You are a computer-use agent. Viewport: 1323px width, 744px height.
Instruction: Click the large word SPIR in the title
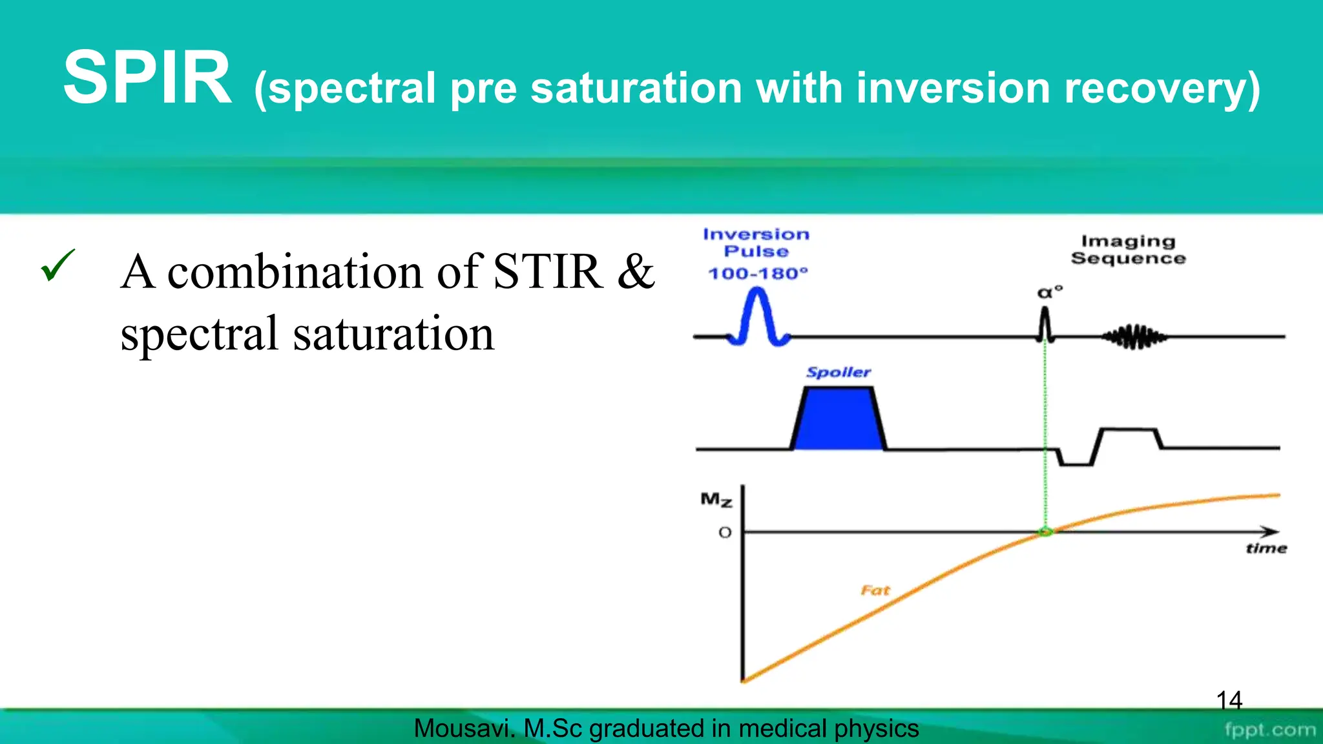[x=147, y=79]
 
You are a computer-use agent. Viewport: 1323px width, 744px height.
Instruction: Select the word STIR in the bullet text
[x=548, y=272]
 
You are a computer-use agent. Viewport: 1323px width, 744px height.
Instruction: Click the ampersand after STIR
[x=636, y=272]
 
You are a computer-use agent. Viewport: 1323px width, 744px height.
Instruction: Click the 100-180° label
[x=758, y=274]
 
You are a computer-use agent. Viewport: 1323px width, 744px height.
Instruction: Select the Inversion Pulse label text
[x=756, y=243]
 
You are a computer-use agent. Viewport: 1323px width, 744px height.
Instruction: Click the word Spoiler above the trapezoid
[x=839, y=372]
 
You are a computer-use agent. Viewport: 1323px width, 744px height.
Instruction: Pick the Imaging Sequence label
[x=1128, y=250]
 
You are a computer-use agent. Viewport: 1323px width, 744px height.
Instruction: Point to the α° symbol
[x=1049, y=293]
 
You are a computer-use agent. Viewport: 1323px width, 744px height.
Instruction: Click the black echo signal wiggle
[x=1134, y=336]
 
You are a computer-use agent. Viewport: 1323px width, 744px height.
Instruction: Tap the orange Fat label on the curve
[x=875, y=590]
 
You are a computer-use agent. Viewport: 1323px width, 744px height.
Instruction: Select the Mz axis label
[x=716, y=499]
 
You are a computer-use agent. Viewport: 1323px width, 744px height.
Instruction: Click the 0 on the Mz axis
[x=725, y=533]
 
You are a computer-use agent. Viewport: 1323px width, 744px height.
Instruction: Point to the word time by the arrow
[x=1266, y=549]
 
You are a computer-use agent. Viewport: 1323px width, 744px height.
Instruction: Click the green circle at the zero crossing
[x=1045, y=532]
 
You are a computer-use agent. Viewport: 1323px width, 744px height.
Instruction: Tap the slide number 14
[x=1229, y=700]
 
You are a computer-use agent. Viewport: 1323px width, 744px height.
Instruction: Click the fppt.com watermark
[x=1269, y=730]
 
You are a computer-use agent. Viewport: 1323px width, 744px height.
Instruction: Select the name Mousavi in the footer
[x=463, y=728]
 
